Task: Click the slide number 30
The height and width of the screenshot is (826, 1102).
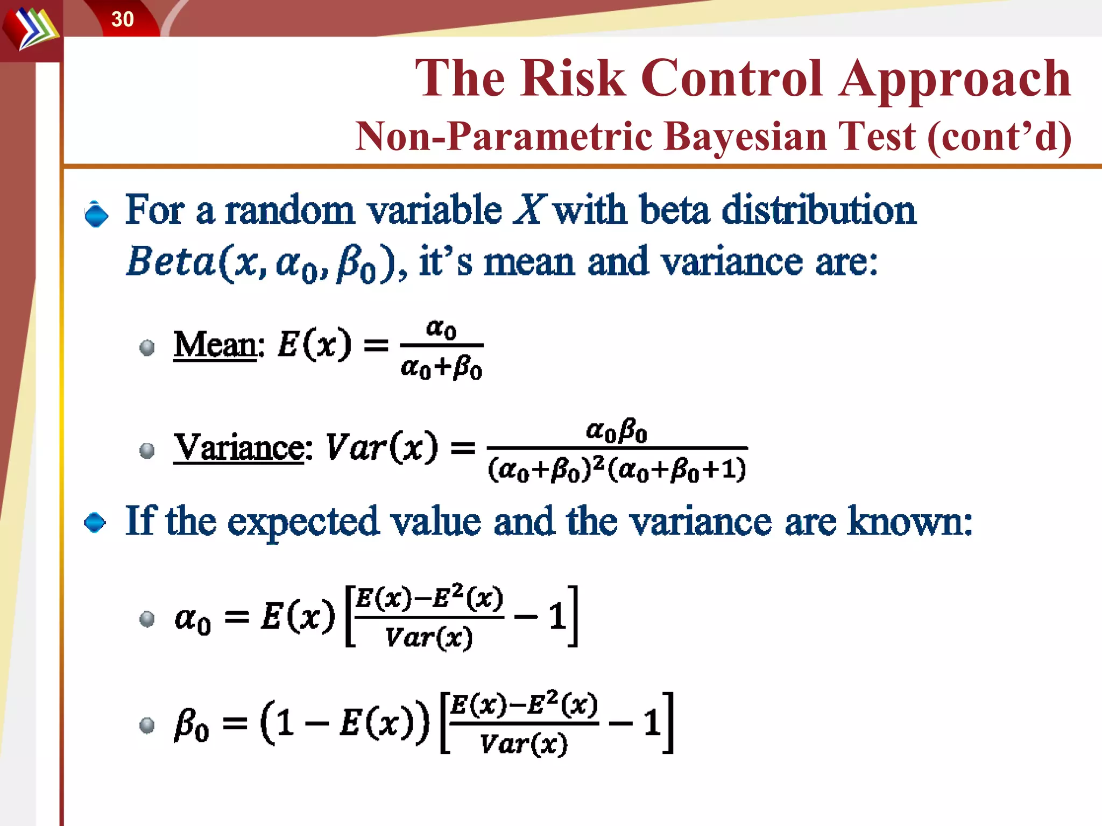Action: (x=122, y=19)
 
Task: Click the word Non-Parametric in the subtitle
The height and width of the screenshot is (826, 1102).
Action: (x=504, y=136)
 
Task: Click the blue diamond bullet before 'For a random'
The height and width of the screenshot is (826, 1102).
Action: (x=96, y=215)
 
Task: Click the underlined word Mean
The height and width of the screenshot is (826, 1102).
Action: (x=215, y=345)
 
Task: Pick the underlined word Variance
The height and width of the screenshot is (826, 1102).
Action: (x=239, y=447)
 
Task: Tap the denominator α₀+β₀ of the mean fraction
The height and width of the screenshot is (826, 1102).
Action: (x=441, y=368)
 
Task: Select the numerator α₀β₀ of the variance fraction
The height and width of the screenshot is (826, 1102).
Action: (x=617, y=431)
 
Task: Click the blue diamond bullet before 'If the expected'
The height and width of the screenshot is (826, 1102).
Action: (x=95, y=522)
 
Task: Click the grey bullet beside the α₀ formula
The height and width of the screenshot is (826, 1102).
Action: (x=147, y=619)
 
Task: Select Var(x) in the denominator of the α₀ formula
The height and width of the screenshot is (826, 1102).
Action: (x=429, y=638)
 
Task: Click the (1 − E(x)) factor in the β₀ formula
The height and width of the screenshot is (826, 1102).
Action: (x=345, y=722)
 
